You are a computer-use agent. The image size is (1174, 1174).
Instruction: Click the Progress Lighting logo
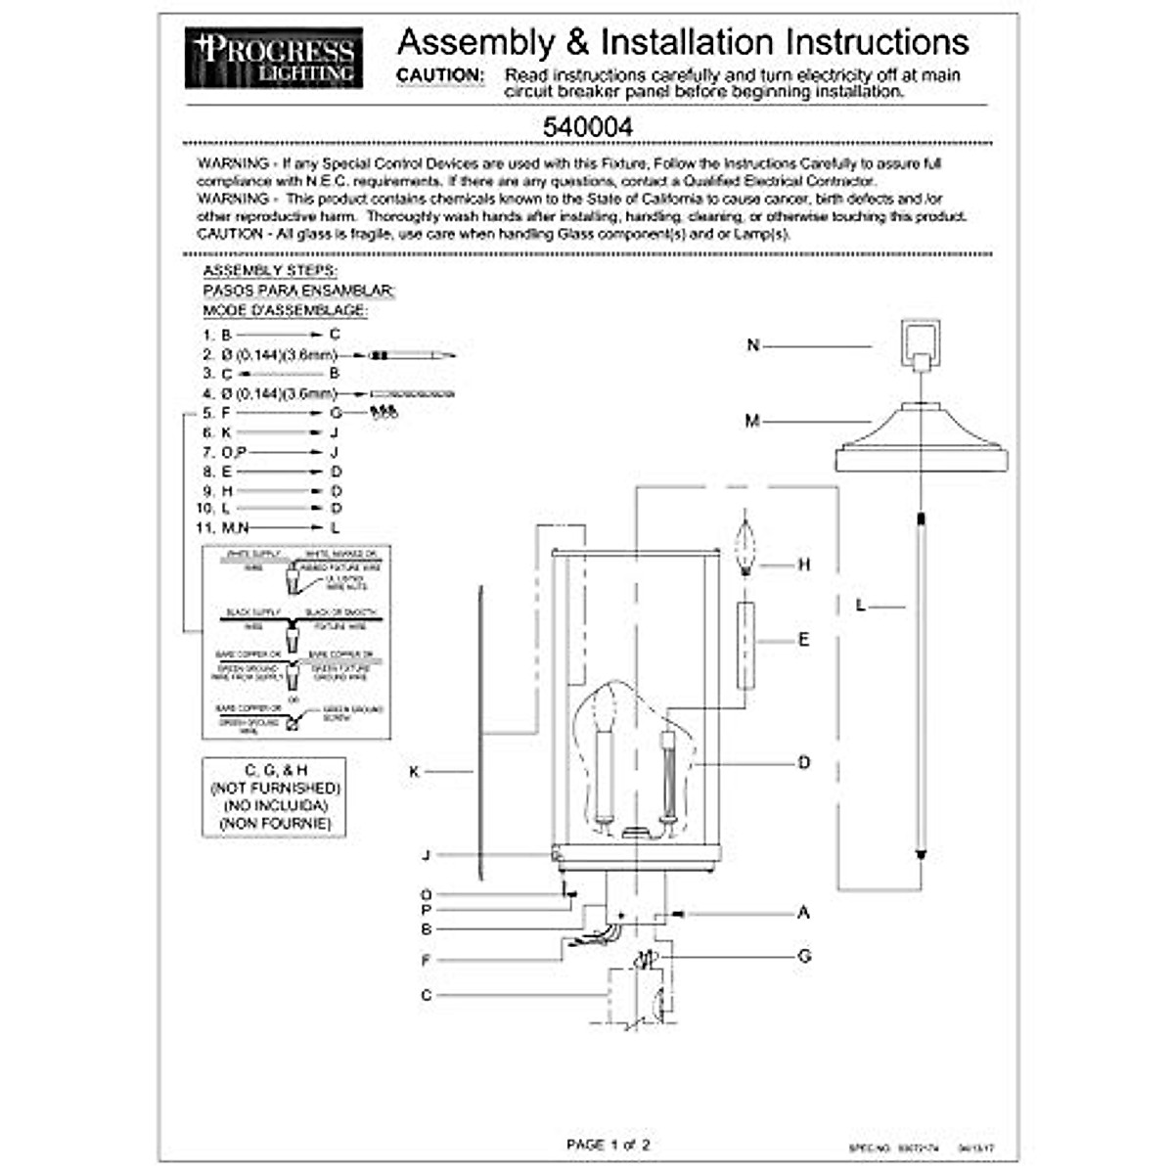pos(274,58)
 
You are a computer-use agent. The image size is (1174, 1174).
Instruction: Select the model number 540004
pos(587,127)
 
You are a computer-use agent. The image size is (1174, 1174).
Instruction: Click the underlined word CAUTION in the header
pos(439,75)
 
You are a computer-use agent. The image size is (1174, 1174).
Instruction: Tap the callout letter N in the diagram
pos(752,345)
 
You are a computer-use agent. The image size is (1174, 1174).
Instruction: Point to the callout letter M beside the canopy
pos(751,422)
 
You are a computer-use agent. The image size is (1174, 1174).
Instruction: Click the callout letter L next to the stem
pos(861,607)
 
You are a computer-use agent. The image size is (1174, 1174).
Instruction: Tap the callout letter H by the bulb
pos(804,564)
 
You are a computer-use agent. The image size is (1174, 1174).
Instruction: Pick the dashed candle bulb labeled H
pos(748,548)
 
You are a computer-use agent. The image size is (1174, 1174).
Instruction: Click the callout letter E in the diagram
pos(804,640)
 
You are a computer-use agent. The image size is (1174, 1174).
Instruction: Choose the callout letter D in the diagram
pos(804,763)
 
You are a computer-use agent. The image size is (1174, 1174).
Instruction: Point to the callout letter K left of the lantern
pos(414,772)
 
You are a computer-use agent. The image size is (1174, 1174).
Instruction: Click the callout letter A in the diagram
pos(804,913)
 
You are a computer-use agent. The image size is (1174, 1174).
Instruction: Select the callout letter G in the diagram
pos(804,956)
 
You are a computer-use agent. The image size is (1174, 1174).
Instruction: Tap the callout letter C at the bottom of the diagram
pos(426,995)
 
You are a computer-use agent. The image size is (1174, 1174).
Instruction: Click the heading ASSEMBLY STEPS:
pos(270,271)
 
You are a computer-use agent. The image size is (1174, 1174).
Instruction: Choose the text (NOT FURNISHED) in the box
pos(275,789)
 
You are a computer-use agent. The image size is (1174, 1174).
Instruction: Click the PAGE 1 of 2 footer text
pos(608,1144)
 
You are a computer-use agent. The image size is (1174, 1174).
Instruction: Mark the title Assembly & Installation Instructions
pos(683,42)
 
